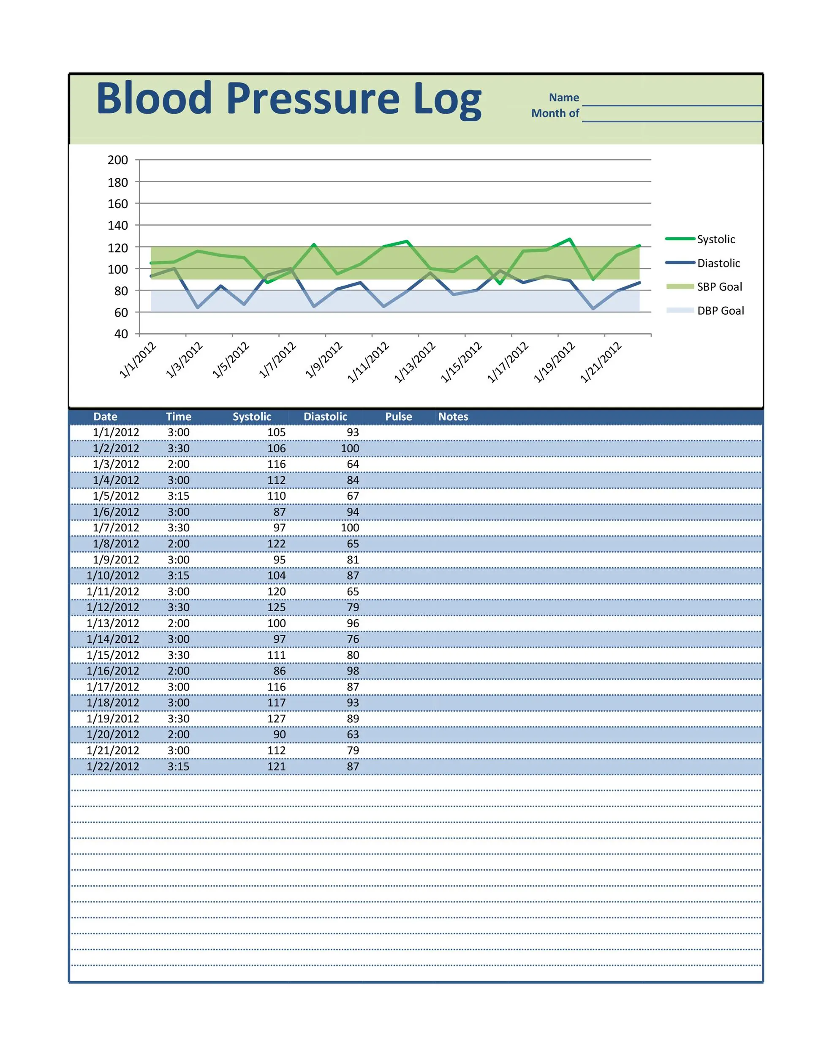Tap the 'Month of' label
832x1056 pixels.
pos(555,114)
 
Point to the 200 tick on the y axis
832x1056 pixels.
pos(118,160)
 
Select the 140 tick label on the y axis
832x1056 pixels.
pos(118,226)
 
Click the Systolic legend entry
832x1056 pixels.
pos(715,239)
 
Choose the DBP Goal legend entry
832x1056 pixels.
pos(720,311)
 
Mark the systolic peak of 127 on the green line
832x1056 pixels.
pos(570,239)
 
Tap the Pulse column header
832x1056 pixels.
pos(398,417)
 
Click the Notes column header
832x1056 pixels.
pos(453,417)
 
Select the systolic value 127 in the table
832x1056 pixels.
pos(276,719)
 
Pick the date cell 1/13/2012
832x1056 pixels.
pos(113,623)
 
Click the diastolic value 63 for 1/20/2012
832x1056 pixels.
pos(353,735)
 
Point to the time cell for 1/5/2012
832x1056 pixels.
pos(178,496)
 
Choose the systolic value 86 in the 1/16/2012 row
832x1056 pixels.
pos(279,671)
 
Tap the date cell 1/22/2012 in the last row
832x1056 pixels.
pos(113,767)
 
